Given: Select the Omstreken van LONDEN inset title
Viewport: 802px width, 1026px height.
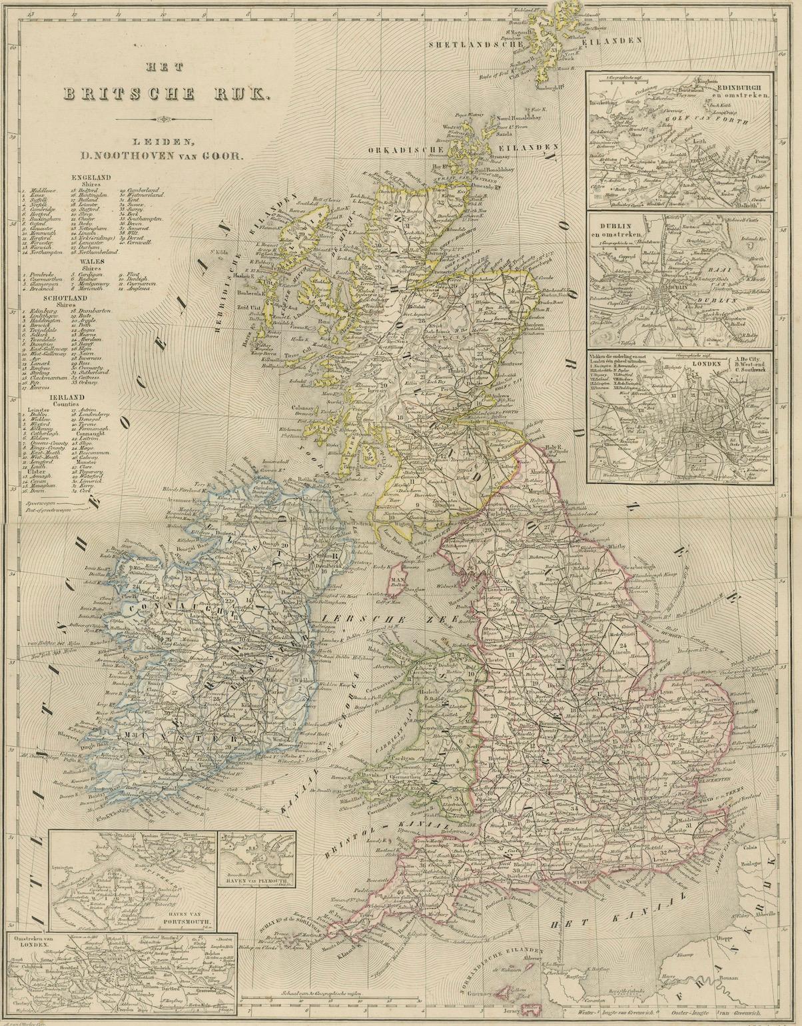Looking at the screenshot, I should coord(33,943).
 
